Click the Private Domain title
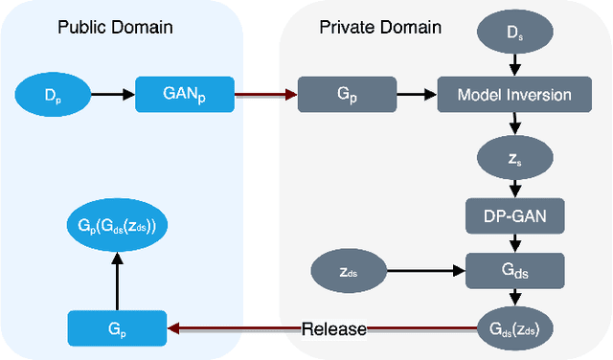[x=379, y=26]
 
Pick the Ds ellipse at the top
[x=515, y=34]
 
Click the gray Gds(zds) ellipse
[x=515, y=328]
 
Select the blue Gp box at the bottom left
[x=118, y=328]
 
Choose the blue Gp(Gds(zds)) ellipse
[x=118, y=227]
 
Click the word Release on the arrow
[x=333, y=329]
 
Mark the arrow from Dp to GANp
[x=111, y=95]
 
